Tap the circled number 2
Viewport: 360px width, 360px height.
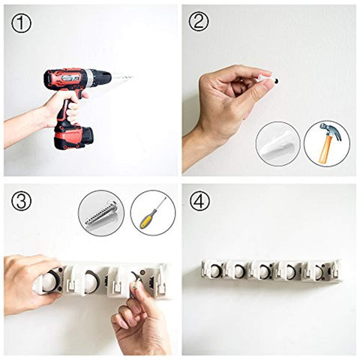[x=199, y=22]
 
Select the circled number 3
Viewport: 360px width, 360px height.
[x=21, y=200]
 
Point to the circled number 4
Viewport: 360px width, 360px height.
[x=199, y=200]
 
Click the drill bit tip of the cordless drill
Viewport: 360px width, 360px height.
[x=132, y=76]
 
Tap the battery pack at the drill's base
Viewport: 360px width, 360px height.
[x=74, y=136]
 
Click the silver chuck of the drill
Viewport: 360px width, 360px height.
[x=90, y=78]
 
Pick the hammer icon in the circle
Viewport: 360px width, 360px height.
[x=328, y=143]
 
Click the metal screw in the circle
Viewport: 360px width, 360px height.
[x=100, y=213]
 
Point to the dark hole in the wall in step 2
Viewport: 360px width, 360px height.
[x=277, y=81]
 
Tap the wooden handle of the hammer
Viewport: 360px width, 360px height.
[x=325, y=150]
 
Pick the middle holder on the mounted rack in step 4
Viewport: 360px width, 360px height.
[x=265, y=271]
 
